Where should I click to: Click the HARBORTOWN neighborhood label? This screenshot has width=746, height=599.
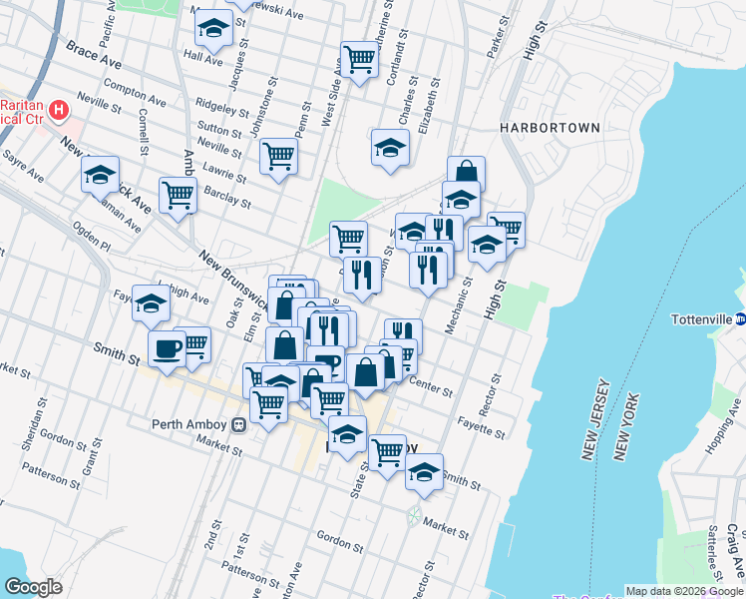(551, 128)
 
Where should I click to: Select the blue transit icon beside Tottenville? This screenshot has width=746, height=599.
(741, 320)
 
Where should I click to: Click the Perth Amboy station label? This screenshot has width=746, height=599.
(189, 423)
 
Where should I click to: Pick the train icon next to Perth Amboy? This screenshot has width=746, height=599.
(237, 424)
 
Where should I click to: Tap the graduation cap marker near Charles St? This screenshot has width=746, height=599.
(390, 148)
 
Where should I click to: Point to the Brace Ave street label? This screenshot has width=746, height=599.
(93, 51)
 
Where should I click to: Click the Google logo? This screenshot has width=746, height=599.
(33, 587)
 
